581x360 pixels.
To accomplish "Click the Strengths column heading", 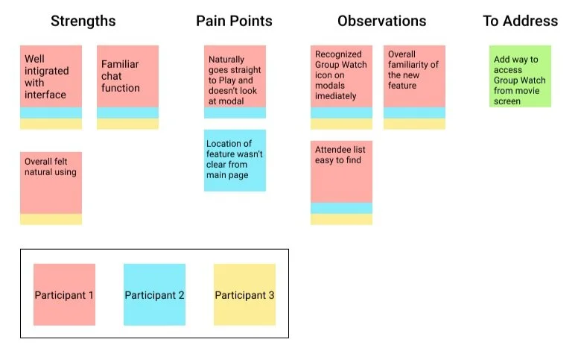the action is coord(83,21).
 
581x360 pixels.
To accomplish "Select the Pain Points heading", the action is coord(234,21).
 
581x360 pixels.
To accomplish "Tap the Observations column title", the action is coord(381,21).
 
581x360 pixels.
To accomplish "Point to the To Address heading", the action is coord(520,21).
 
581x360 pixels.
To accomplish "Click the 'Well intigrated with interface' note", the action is coord(51,76).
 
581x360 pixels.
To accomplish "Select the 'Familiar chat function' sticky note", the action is coord(128,76).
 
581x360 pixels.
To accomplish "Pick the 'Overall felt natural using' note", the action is coord(51,183).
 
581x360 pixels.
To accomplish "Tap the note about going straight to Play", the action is coord(235,76).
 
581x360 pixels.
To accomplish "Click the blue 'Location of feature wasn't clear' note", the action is coord(235,160).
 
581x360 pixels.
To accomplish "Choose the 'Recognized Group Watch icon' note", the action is coord(341,76).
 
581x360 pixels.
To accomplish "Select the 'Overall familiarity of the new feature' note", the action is coord(414,76).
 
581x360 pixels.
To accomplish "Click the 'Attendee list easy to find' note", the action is coord(341,171).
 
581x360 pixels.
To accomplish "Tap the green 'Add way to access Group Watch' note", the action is coord(520,76).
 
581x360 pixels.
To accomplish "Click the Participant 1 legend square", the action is coord(65,294).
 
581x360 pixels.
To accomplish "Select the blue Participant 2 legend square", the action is coord(154,294).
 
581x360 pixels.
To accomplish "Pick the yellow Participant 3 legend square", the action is coord(244,294).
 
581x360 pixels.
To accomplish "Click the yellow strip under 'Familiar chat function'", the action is coord(128,124).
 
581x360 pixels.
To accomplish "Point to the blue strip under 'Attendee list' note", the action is coord(341,208).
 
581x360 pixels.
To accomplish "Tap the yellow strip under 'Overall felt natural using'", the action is coord(51,219).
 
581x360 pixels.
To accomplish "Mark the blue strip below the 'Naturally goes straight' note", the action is coord(235,113).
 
